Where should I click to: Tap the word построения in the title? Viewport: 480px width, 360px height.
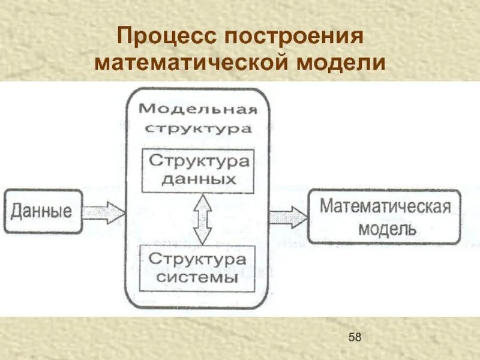click(295, 37)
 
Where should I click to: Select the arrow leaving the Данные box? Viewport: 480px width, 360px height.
click(103, 212)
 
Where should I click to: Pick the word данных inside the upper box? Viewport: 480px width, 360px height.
click(199, 179)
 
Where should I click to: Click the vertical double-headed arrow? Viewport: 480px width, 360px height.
click(203, 218)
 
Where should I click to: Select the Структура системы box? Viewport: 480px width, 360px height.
click(197, 268)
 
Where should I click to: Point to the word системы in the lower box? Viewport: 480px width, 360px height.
click(198, 278)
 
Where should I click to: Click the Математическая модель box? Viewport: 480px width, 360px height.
click(385, 217)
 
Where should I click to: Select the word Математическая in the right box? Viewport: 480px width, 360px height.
click(385, 207)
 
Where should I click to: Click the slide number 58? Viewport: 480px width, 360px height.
click(355, 337)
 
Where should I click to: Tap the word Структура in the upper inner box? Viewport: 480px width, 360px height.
click(199, 161)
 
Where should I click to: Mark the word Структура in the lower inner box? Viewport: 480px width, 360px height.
click(198, 259)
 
